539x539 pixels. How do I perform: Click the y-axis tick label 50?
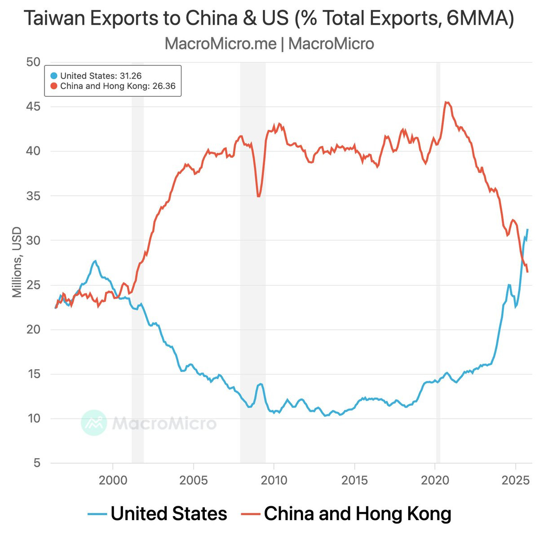33,62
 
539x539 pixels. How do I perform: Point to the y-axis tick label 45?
33,107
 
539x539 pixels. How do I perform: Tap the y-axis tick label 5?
37,463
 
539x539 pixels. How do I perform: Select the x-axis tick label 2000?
113,481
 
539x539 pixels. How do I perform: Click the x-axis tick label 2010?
274,481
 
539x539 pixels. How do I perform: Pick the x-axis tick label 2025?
516,481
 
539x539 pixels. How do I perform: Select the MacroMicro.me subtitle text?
220,44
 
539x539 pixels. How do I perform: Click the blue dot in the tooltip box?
54,76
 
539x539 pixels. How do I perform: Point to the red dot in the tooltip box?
54,86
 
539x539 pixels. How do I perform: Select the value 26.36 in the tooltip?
164,86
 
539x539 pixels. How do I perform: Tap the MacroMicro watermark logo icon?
94,423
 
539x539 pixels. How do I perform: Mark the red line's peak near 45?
446,102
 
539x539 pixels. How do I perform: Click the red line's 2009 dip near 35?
258,196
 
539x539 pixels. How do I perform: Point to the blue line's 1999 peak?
95,261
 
